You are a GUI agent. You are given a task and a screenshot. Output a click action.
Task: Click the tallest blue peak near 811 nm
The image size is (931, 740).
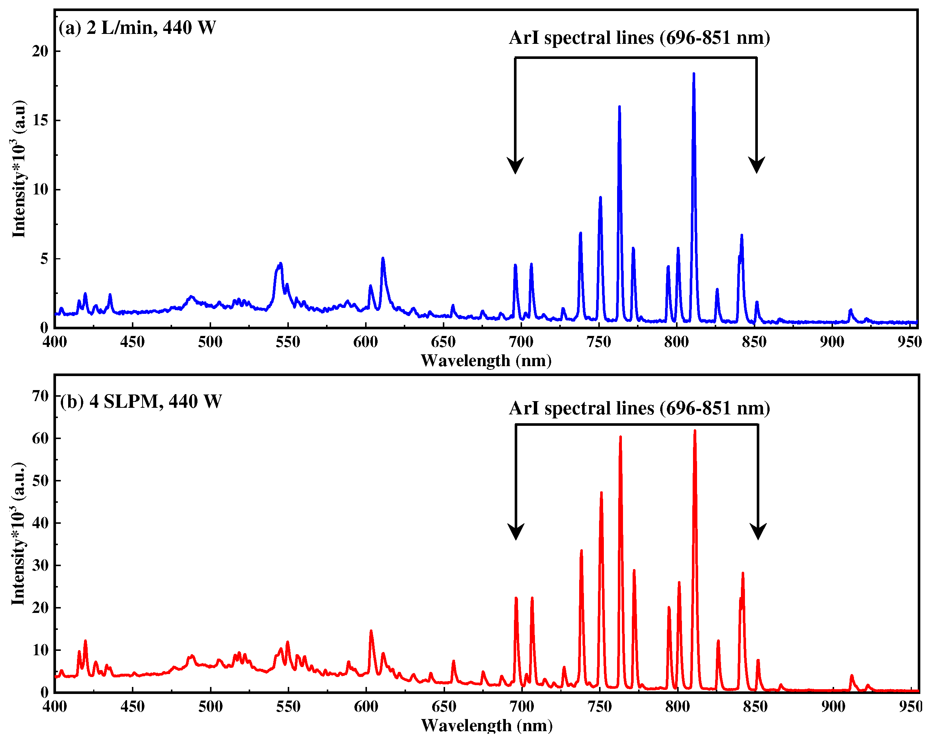tap(693, 74)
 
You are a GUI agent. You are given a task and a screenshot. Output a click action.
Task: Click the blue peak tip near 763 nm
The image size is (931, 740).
tap(619, 107)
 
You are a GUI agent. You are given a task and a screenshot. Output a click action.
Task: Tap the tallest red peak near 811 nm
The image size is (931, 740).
tap(694, 431)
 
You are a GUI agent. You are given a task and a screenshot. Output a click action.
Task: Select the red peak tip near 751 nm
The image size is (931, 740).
tap(601, 493)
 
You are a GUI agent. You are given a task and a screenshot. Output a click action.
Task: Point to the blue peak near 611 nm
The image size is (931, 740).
tap(382, 259)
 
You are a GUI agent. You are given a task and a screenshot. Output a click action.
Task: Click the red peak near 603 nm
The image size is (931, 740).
tap(371, 632)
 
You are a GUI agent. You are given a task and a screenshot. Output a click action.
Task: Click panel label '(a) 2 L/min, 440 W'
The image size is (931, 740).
tap(137, 28)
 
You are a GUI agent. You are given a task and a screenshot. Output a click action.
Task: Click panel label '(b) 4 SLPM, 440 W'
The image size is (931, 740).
tap(141, 401)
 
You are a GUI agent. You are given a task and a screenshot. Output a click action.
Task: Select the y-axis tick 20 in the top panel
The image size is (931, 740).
tap(40, 51)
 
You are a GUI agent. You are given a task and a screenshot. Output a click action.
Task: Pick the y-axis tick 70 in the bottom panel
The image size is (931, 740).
tap(41, 396)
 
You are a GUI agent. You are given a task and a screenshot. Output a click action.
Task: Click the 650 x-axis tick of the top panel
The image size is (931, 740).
tap(443, 342)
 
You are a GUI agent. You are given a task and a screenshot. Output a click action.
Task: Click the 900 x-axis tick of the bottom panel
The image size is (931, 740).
tap(833, 707)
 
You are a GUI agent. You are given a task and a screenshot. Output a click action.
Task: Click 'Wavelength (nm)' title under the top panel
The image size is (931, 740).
tap(486, 361)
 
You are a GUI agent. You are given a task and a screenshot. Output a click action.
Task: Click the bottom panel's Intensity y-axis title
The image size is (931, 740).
tap(18, 534)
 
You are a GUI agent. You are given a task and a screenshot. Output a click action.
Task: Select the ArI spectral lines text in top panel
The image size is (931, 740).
tap(639, 38)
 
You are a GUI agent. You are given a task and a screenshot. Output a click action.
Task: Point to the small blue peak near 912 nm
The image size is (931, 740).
tap(850, 310)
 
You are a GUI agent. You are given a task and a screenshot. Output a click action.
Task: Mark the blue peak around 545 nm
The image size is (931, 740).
tap(280, 264)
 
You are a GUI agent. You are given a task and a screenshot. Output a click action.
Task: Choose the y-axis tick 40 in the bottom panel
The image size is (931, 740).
tap(41, 523)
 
